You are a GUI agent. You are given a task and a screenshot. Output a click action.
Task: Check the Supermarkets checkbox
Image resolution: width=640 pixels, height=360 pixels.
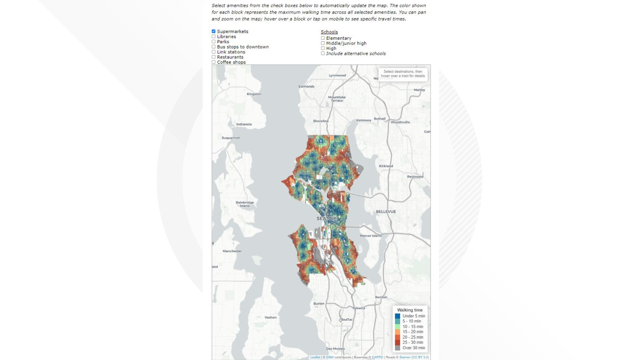point(214,31)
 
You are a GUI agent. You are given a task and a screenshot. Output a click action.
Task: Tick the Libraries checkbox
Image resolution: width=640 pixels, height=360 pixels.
point(214,37)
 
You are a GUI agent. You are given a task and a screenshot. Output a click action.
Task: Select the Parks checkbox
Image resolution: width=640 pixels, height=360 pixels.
point(214,42)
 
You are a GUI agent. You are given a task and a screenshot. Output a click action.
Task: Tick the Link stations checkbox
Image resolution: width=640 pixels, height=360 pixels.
point(214,52)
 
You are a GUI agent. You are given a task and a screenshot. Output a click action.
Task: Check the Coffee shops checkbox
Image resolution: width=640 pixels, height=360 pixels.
point(214,62)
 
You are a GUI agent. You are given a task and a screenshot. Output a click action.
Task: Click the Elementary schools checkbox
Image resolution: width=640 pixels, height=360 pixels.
point(323,38)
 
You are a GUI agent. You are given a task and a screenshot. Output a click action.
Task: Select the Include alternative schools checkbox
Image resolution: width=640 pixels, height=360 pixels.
point(323,53)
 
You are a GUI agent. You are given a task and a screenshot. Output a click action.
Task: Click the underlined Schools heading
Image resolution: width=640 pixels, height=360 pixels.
point(329,32)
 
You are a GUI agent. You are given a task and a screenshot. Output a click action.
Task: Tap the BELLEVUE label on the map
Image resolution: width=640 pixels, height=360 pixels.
point(386,212)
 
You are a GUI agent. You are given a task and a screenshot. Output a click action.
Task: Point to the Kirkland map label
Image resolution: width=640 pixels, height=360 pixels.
point(386,166)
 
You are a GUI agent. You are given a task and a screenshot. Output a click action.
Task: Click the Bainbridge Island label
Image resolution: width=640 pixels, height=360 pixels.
point(245,204)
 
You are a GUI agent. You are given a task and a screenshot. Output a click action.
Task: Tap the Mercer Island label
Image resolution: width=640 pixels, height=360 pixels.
point(370,236)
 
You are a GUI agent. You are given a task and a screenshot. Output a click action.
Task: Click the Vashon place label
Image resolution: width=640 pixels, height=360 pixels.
point(270,317)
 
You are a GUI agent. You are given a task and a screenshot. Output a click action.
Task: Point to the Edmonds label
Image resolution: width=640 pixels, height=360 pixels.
point(306,86)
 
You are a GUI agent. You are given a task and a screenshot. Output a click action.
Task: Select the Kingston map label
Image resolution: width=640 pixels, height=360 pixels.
point(254,94)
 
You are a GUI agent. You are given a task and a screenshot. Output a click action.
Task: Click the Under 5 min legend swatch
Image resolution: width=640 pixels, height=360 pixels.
point(397,316)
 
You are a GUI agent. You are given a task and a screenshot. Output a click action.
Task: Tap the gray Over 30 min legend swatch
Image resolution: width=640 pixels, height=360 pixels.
point(397,348)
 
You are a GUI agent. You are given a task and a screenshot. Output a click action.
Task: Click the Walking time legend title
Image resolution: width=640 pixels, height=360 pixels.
point(410,310)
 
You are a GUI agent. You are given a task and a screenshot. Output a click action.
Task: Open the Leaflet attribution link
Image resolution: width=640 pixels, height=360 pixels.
point(315,357)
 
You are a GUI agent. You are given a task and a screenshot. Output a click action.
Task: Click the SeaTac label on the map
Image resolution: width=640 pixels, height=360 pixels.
point(347,319)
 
